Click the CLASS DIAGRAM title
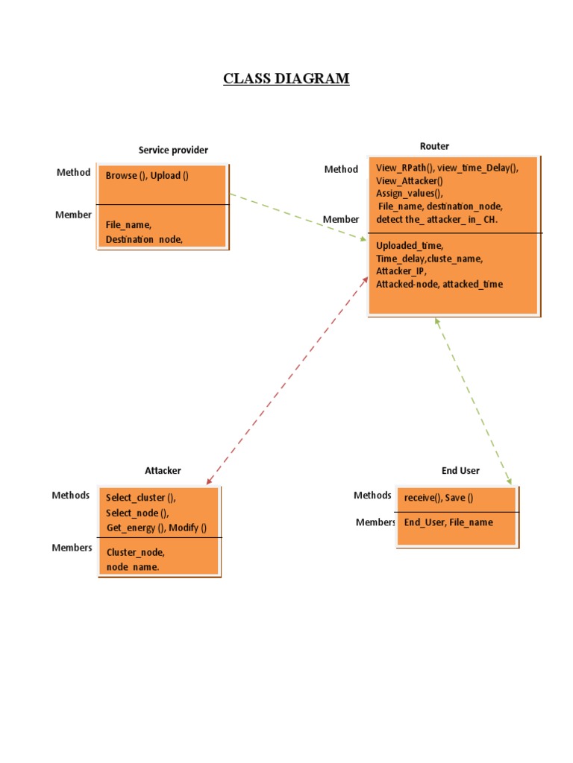point(286,78)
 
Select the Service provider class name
point(173,150)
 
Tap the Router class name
point(434,146)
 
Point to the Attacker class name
point(163,470)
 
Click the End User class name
point(460,470)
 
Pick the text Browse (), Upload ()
point(147,176)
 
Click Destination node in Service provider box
point(144,239)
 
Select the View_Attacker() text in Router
point(409,180)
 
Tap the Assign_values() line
point(410,192)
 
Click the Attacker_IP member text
point(401,271)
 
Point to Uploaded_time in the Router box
point(410,245)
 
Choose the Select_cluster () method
point(141,497)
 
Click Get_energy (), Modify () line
point(157,528)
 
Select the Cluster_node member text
point(136,552)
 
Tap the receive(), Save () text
point(439,498)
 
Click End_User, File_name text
point(448,522)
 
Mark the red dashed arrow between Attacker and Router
point(287,380)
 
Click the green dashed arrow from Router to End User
point(473,401)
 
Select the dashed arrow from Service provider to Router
point(298,218)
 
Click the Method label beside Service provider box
point(73,172)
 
